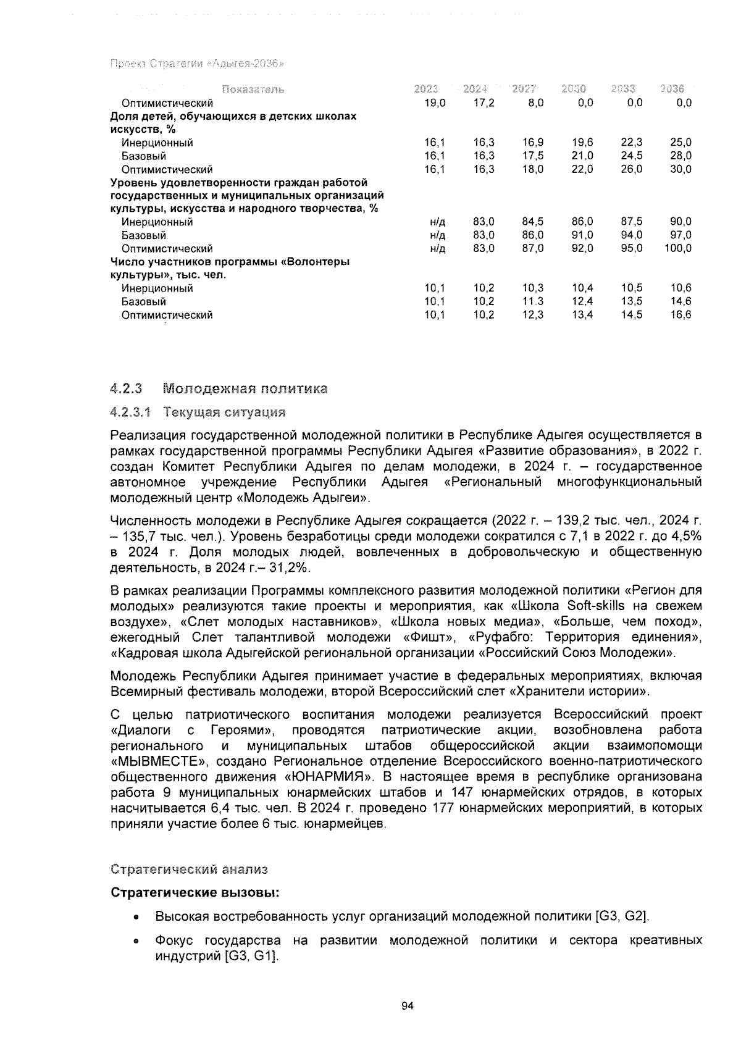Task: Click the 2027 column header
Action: pyautogui.click(x=524, y=89)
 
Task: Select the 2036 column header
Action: pyautogui.click(x=672, y=89)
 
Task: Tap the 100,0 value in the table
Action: pyautogui.click(x=678, y=249)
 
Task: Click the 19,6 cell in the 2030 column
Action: pyautogui.click(x=582, y=143)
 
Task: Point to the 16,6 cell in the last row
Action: pyautogui.click(x=680, y=315)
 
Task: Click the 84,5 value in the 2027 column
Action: pyautogui.click(x=532, y=222)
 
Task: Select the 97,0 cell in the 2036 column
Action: pyautogui.click(x=680, y=235)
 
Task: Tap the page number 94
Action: pyautogui.click(x=406, y=1006)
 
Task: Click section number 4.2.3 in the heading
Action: pyautogui.click(x=125, y=389)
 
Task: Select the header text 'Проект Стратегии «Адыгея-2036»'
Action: pyautogui.click(x=196, y=64)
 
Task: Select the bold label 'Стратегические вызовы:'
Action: pyautogui.click(x=194, y=893)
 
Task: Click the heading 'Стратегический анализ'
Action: pyautogui.click(x=189, y=869)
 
